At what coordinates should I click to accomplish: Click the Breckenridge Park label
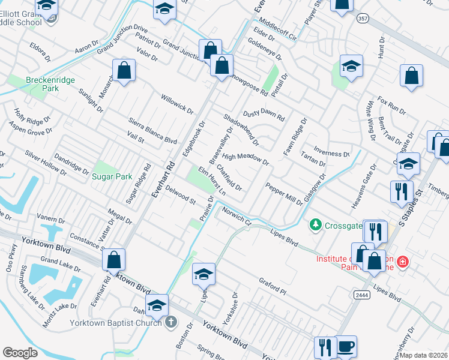43,83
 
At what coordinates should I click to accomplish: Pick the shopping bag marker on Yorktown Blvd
113,260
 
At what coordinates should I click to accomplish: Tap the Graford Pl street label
274,285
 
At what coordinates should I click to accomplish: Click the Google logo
20,353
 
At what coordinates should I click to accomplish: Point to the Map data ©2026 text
424,355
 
